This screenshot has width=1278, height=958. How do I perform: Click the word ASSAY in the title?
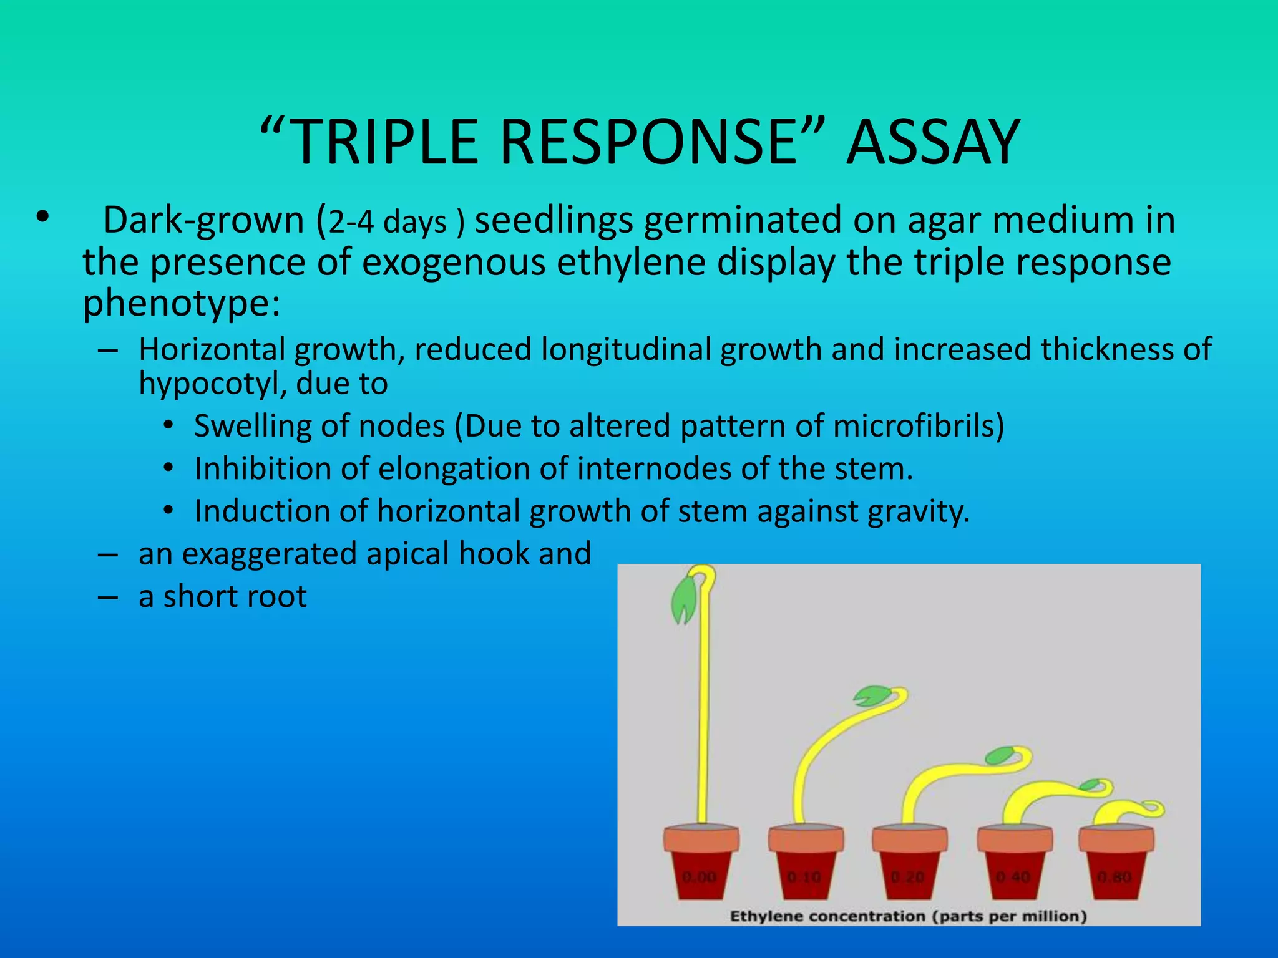[x=932, y=143]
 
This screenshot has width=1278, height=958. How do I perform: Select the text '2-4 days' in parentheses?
[x=388, y=223]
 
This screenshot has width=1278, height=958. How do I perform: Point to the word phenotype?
[x=182, y=304]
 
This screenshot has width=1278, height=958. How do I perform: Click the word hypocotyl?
[x=212, y=383]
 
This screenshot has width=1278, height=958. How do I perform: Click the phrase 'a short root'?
[x=222, y=596]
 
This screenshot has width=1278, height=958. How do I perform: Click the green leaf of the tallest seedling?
[x=683, y=599]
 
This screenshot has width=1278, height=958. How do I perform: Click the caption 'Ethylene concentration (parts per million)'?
[x=909, y=916]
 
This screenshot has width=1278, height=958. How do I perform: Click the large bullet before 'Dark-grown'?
[x=42, y=217]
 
